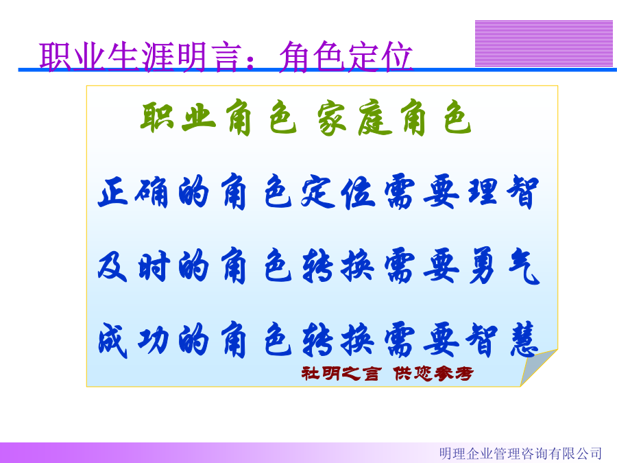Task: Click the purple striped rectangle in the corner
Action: [x=544, y=43]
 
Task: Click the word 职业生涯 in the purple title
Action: [x=107, y=57]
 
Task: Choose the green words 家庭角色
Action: [x=394, y=118]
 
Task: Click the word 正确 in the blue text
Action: [x=134, y=192]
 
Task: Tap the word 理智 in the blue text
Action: [x=503, y=192]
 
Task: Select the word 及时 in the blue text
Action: [x=134, y=266]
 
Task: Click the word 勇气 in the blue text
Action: [x=504, y=266]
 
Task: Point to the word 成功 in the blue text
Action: [x=134, y=340]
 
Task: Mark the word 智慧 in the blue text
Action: [x=502, y=340]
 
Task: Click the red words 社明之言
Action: [x=341, y=373]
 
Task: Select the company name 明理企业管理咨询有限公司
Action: [x=520, y=453]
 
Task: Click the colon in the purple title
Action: [x=250, y=62]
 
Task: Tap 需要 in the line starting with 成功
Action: [x=422, y=340]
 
